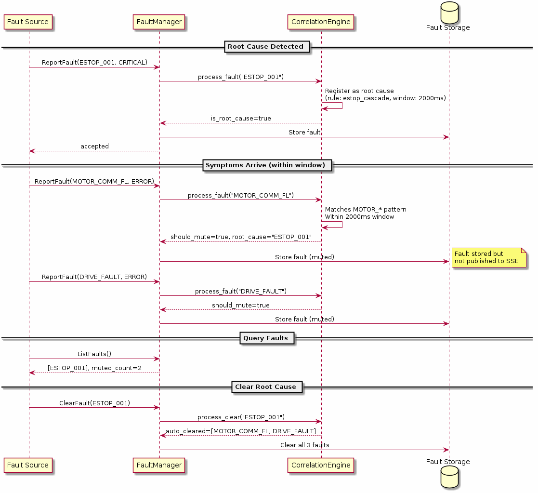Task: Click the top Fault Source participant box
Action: click(28, 22)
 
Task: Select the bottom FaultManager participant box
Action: click(159, 465)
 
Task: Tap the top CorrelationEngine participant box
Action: click(321, 22)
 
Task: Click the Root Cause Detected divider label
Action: click(266, 47)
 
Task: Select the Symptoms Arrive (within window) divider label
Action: click(266, 165)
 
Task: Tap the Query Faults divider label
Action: click(266, 338)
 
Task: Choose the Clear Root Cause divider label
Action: click(266, 387)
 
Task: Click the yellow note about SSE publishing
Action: click(487, 257)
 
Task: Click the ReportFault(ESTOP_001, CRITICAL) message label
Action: click(94, 63)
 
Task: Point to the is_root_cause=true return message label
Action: click(241, 119)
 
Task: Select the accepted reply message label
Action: click(94, 147)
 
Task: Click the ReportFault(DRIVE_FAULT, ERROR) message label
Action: click(94, 277)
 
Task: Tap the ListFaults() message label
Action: click(94, 354)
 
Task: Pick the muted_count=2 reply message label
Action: click(94, 368)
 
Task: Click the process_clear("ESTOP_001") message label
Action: click(241, 417)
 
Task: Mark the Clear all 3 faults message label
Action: click(304, 445)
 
